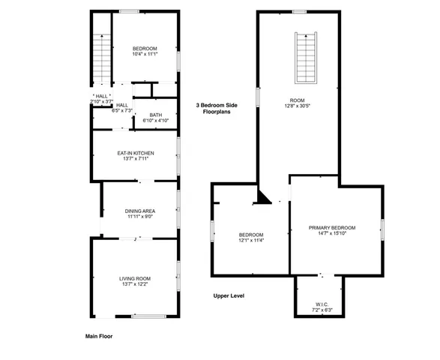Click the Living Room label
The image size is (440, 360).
point(135,279)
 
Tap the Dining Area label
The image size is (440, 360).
point(140,211)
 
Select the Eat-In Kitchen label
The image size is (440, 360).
point(136,153)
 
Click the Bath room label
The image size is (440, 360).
point(155,115)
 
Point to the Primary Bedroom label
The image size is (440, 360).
point(332,227)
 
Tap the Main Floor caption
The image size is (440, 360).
point(99,337)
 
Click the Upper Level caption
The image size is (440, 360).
point(228,295)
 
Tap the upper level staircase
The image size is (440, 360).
point(305,58)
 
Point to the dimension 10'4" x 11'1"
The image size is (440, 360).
point(145,54)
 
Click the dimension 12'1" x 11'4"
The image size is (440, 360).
point(251,241)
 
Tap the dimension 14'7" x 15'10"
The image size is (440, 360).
point(332,233)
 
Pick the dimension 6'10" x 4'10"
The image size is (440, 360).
point(155,120)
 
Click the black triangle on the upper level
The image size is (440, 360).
point(262,197)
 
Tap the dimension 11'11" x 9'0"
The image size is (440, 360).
point(140,217)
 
